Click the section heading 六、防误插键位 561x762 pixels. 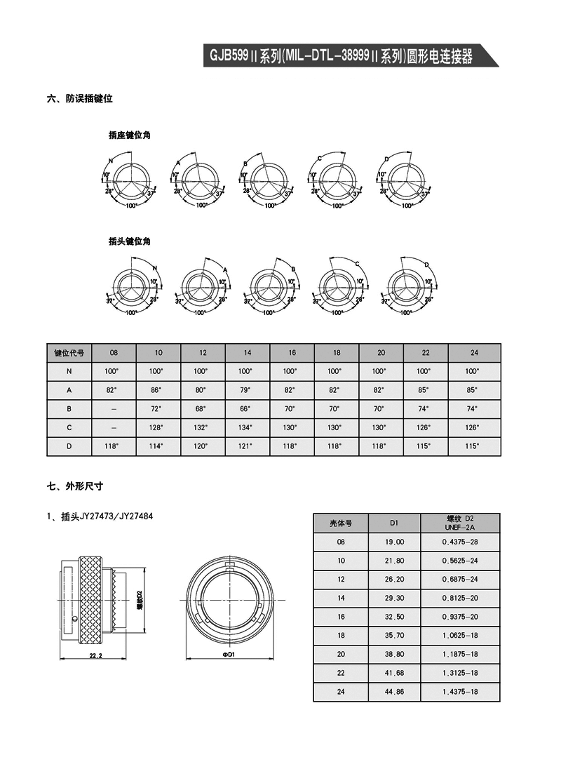80,99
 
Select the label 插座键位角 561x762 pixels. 130,135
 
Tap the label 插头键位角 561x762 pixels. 130,241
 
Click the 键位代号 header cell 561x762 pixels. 69,352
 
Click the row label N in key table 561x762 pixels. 69,371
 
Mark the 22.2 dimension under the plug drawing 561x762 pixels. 96,655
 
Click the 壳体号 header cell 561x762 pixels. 340,523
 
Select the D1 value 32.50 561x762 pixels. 394,617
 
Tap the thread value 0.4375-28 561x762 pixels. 460,542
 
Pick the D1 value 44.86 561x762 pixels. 394,692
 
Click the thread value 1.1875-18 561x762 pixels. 460,654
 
